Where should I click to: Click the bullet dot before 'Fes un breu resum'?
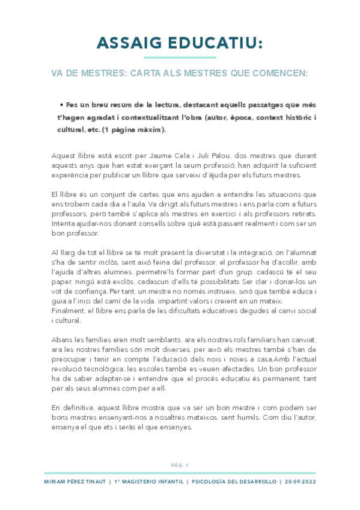coord(62,103)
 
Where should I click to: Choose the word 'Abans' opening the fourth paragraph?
coord(63,340)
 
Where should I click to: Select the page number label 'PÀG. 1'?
coord(180,465)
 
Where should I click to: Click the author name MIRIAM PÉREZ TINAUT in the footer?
coord(76,482)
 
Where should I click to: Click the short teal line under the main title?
coord(180,57)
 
